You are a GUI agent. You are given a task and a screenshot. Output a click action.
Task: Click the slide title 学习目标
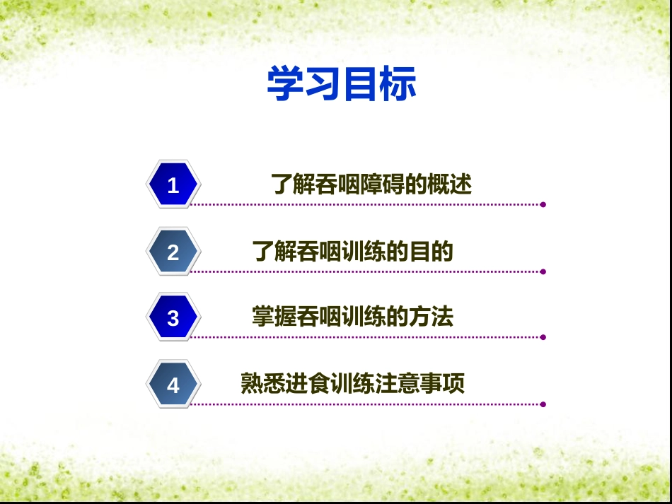tap(342, 83)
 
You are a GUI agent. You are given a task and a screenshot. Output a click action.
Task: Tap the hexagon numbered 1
tap(173, 184)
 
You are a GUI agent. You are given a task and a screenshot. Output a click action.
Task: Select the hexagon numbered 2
tap(173, 252)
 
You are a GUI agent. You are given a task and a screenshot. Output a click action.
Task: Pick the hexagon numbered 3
tap(173, 317)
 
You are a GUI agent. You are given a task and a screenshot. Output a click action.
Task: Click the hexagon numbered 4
tap(173, 385)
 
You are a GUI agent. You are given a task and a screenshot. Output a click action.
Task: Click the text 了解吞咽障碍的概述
tap(371, 184)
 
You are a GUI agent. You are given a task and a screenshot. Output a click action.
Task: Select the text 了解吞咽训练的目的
tap(353, 252)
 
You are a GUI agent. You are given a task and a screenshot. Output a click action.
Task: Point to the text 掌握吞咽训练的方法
tap(353, 317)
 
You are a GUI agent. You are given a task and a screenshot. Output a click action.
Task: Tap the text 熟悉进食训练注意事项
tap(353, 383)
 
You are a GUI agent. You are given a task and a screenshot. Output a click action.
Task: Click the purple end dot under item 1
tap(543, 205)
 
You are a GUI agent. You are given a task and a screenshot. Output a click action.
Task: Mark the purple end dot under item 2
tap(543, 272)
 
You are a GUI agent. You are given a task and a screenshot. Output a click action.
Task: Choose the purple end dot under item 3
tap(543, 337)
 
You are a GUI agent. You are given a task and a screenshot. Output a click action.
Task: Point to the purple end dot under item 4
tap(543, 404)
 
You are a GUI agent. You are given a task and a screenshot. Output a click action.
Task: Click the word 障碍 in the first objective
tap(382, 184)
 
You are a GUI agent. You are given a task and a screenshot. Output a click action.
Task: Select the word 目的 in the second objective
tap(431, 252)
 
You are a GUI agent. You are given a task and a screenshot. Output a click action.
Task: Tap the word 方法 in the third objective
tap(431, 317)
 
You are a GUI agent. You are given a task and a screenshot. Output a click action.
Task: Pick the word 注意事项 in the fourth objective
tap(420, 383)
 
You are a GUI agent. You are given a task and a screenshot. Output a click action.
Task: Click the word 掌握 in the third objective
tap(274, 317)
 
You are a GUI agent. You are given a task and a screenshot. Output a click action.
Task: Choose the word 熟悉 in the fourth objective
tap(263, 383)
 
